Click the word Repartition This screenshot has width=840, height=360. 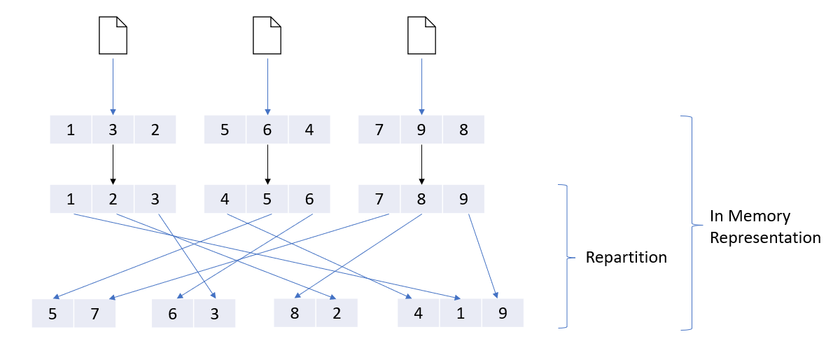626,257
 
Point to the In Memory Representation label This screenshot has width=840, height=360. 764,226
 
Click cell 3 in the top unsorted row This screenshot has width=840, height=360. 113,130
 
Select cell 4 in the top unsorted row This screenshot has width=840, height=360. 309,130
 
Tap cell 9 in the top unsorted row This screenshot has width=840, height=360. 421,130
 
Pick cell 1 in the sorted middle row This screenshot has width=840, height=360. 71,199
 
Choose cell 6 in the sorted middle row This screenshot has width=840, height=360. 309,199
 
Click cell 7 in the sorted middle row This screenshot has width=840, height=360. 379,199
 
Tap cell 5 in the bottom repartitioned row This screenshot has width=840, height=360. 53,313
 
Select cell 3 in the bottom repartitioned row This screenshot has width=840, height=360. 214,313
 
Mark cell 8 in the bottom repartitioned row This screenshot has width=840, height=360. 295,313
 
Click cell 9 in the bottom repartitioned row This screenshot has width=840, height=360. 502,313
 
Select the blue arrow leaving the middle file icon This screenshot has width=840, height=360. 267,84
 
